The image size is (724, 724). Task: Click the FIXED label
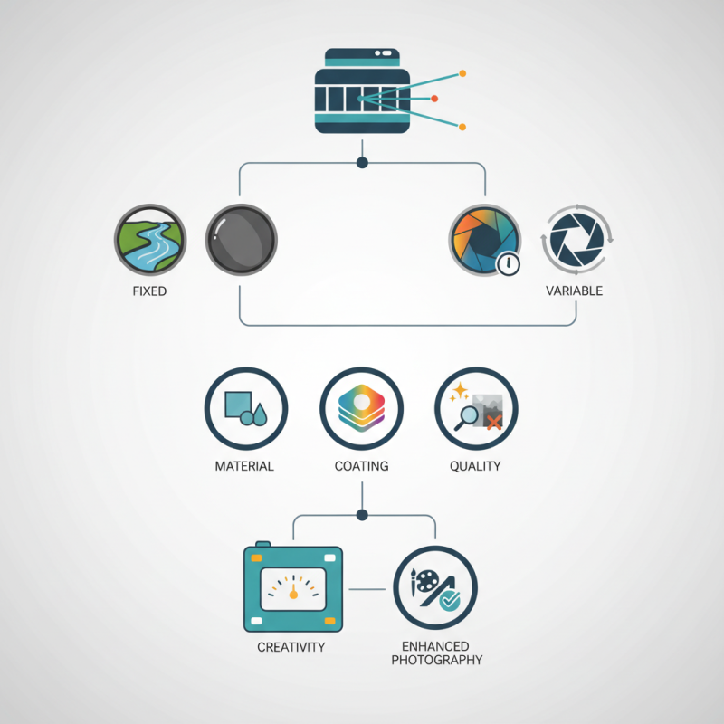pos(149,291)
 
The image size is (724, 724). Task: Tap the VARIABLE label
pos(574,291)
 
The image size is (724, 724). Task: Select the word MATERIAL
pos(244,466)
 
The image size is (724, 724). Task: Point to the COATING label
pos(361,466)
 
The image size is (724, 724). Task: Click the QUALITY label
pos(475,466)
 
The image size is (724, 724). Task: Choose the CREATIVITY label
pos(291,647)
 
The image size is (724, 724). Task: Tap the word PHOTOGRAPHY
pos(437,660)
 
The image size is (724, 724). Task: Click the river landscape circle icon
pos(150,240)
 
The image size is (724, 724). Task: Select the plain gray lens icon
pos(241,240)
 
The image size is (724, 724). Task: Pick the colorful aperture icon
pos(485,240)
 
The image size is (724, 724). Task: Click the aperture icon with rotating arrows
pos(576,240)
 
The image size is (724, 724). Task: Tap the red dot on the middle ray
pos(434,99)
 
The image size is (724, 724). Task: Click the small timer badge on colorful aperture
pos(508,264)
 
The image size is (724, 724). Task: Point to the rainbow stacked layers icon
pos(361,409)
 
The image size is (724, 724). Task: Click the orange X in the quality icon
pos(494,422)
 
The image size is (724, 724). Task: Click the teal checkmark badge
pos(449,600)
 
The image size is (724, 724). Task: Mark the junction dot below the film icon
pos(363,163)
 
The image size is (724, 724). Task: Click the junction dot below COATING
pos(362,515)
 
